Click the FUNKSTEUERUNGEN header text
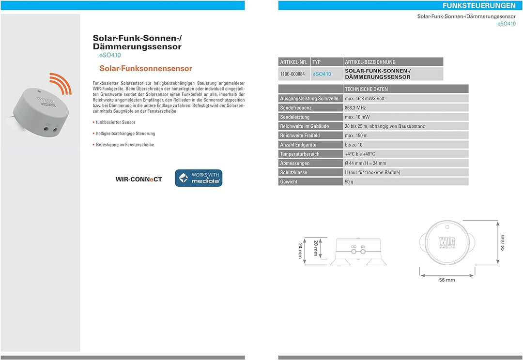[x=478, y=5]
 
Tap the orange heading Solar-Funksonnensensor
[x=146, y=68]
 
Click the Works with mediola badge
[x=199, y=178]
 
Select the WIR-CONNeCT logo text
[x=139, y=179]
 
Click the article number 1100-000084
[x=292, y=74]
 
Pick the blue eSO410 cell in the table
[x=322, y=74]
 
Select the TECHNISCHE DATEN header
[x=366, y=89]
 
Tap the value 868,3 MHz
[x=355, y=108]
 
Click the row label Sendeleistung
[x=294, y=117]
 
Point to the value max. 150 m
[x=356, y=135]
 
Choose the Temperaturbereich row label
[x=300, y=154]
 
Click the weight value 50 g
[x=349, y=181]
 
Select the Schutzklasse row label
[x=293, y=172]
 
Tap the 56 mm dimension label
[x=447, y=280]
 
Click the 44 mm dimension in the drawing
[x=502, y=243]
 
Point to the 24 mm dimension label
[x=300, y=251]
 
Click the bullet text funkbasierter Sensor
[x=115, y=122]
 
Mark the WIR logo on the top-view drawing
[x=447, y=242]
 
